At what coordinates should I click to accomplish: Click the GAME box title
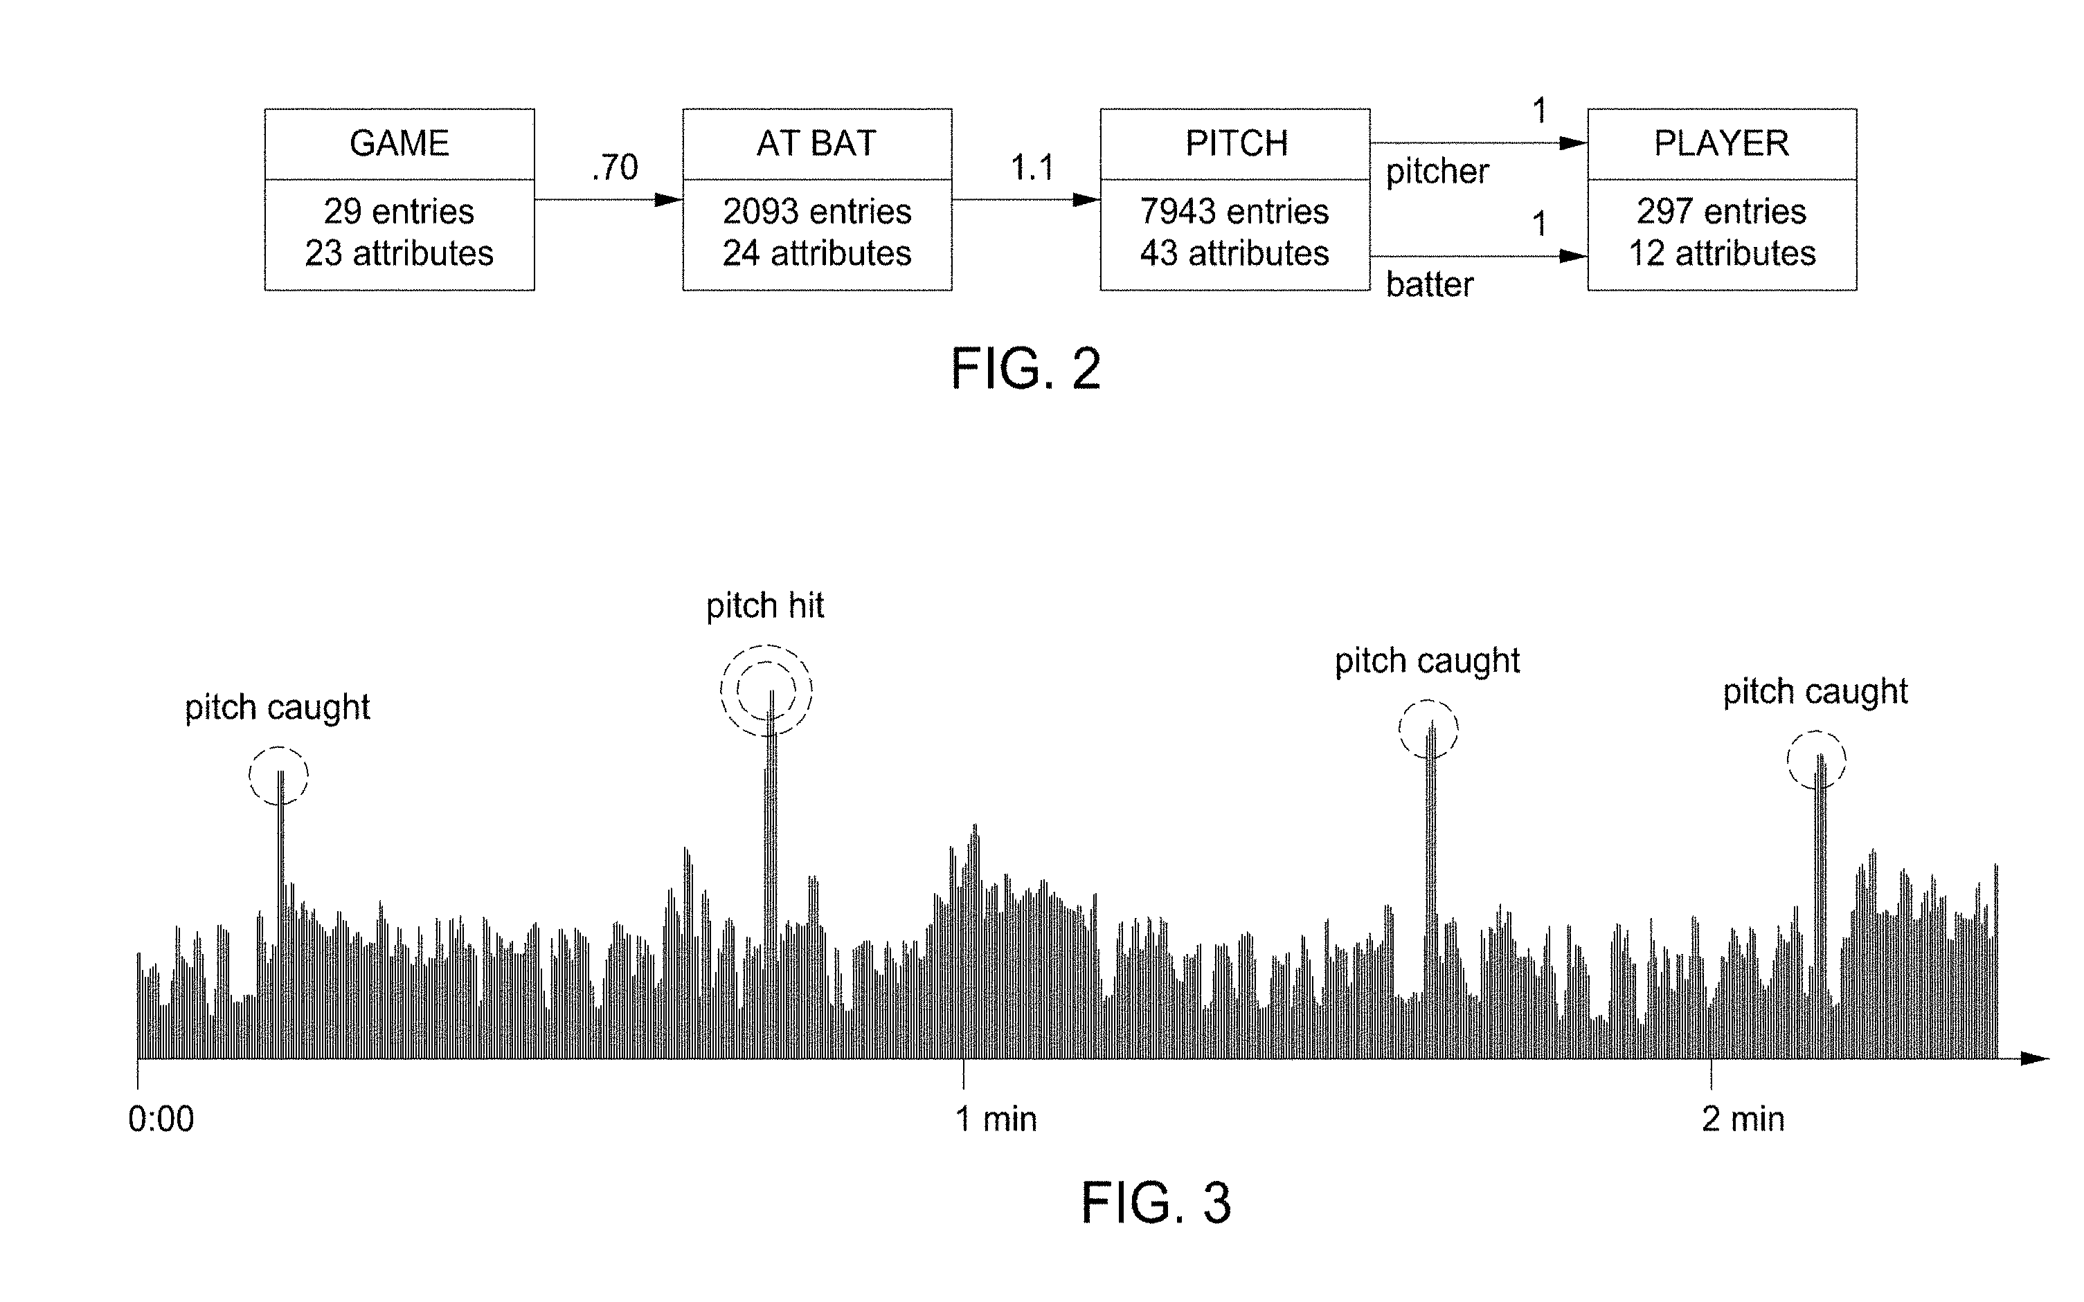399,143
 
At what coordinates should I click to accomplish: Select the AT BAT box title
817,143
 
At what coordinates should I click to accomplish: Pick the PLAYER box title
1721,143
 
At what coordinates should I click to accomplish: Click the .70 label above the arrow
614,167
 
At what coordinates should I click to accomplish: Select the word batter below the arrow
1429,284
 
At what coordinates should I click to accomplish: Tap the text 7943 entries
1234,211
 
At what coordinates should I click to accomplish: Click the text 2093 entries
817,211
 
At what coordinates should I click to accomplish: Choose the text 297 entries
1721,211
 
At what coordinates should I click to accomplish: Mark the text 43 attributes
1234,253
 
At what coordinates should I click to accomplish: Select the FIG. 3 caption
1156,1203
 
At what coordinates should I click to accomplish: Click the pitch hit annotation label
765,606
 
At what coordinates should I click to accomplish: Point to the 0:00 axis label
161,1119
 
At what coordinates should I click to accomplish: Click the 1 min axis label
996,1119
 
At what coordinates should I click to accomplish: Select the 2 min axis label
1743,1119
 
